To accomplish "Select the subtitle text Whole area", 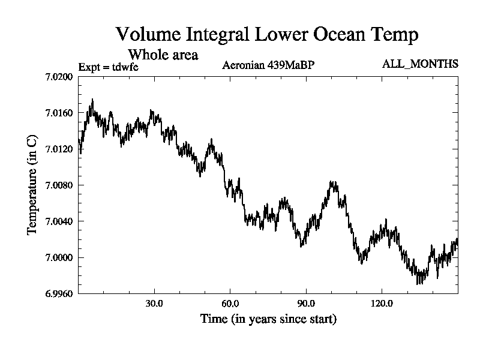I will coord(163,55).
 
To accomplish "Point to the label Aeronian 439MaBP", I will coord(268,65).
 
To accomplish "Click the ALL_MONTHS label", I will coord(420,64).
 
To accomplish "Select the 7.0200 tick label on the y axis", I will coord(58,77).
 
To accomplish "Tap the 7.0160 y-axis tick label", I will coord(58,113).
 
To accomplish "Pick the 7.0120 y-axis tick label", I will coord(58,149).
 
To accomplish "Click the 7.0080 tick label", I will coord(58,185).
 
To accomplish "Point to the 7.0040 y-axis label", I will coord(58,221).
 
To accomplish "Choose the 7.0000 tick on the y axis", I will coord(58,258).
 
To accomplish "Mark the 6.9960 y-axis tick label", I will coord(58,294).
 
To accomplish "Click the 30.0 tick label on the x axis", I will coord(154,303).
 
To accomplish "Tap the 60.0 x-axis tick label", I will coord(230,303).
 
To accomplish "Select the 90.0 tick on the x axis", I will coord(306,303).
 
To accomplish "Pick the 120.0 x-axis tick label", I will coord(382,303).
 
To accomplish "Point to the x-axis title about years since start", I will coord(268,319).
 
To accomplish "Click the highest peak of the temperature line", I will coord(92,100).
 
